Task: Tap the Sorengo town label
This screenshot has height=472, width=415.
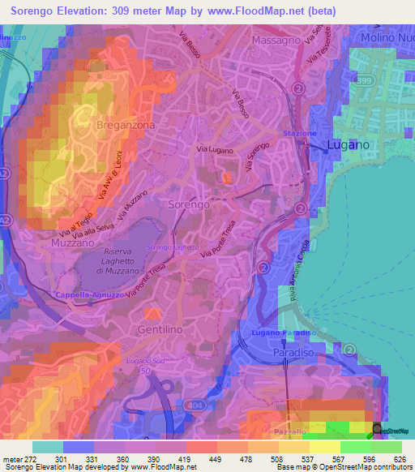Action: point(189,205)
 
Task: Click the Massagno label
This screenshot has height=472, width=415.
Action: point(277,40)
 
